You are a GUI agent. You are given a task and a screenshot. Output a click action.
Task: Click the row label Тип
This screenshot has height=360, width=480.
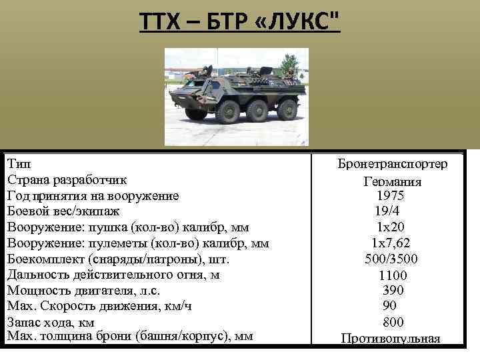coord(18,163)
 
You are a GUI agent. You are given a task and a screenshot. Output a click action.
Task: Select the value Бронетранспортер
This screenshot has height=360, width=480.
coord(393,164)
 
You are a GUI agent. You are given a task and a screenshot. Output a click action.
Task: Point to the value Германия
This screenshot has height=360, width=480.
coord(393,181)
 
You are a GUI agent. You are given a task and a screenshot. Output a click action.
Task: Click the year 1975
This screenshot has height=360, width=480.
coord(390,196)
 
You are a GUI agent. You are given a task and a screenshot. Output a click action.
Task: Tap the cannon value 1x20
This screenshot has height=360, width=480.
coord(390,227)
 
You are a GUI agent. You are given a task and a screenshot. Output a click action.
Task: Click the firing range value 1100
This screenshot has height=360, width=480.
coord(392,275)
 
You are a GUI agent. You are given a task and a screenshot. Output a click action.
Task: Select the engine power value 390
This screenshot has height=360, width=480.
coord(393,290)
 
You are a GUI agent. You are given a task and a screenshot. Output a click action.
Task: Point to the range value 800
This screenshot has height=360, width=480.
coord(393,322)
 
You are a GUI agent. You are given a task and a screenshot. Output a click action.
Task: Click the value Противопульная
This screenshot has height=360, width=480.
coord(391,338)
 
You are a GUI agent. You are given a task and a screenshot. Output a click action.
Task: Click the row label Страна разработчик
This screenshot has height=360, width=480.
coord(67,180)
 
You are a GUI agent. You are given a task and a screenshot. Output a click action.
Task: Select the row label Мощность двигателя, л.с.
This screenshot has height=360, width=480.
coord(83,291)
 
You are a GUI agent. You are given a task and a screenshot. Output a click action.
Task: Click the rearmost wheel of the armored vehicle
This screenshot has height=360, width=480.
coord(287,111)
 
